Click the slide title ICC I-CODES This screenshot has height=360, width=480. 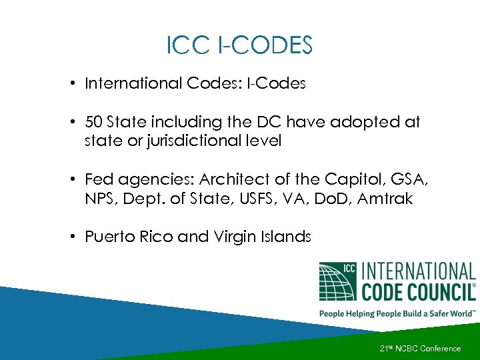(x=239, y=46)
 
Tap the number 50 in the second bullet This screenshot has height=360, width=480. (x=94, y=122)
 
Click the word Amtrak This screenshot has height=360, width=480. (x=386, y=198)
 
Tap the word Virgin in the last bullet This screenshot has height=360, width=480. (x=234, y=237)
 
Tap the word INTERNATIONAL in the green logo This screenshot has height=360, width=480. (x=418, y=271)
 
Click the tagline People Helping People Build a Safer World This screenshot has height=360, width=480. (x=397, y=313)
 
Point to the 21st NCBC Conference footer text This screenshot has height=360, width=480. (x=420, y=349)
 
